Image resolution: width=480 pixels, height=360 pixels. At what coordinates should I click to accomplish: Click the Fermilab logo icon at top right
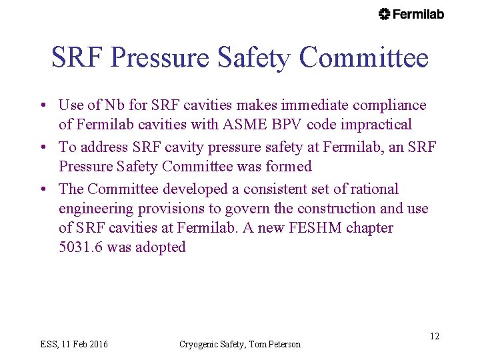tap(384, 14)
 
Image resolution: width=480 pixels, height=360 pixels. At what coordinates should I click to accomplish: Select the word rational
tap(373, 189)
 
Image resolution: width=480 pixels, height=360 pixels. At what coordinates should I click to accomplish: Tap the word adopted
tap(161, 247)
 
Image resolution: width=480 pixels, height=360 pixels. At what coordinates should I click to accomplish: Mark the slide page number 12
tap(434, 336)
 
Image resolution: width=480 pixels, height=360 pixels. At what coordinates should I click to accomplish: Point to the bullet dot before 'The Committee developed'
tap(42, 190)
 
